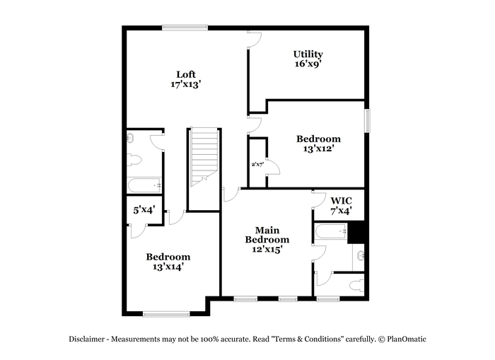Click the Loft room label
(x=186, y=74)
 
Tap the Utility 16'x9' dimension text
(x=308, y=64)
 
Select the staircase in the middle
(x=204, y=157)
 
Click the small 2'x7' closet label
(x=257, y=164)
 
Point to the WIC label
(x=342, y=201)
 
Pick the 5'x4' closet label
(x=144, y=210)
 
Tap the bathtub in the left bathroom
(x=144, y=185)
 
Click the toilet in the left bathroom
(x=134, y=160)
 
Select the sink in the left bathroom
(x=130, y=138)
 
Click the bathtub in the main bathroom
(x=331, y=231)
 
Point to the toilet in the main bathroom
(x=357, y=286)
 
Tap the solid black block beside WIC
(x=356, y=233)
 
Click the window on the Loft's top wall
(x=185, y=28)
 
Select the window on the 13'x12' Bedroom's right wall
(x=367, y=120)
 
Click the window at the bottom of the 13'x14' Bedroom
(x=166, y=314)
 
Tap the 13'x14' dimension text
(x=168, y=267)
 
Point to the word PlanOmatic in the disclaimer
(x=407, y=339)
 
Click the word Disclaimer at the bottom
(x=87, y=339)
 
